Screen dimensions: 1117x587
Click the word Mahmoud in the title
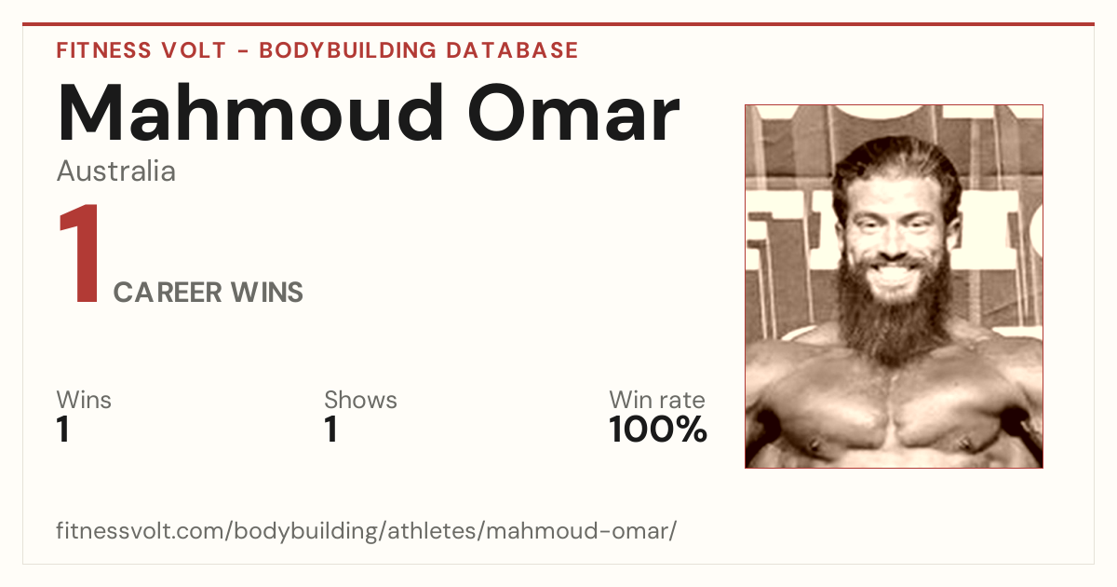tap(250, 113)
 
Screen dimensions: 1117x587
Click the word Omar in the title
tap(574, 114)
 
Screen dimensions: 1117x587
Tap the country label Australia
tap(115, 171)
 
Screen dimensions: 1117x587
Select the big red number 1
tap(80, 253)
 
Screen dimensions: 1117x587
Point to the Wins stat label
tap(84, 400)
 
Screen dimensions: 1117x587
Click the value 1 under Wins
tap(63, 430)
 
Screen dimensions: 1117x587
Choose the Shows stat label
tap(360, 400)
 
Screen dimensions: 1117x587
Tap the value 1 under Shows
tap(331, 430)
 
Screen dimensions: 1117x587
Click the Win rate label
tap(657, 400)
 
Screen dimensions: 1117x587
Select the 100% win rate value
tap(658, 430)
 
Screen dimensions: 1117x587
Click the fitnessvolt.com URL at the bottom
tap(367, 530)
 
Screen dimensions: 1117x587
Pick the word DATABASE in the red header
tap(512, 50)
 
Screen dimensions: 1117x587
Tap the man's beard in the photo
tap(894, 320)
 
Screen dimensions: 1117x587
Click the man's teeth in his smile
tap(893, 272)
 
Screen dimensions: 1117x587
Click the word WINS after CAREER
tap(267, 293)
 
